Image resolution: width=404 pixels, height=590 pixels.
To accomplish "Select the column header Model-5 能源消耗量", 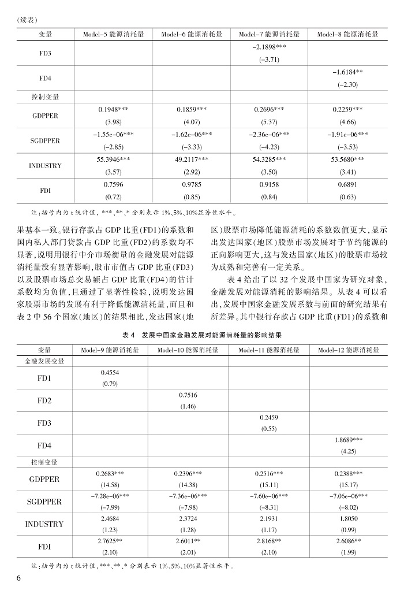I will coord(113,34).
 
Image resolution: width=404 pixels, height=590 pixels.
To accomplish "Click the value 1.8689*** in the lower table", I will coord(347,439).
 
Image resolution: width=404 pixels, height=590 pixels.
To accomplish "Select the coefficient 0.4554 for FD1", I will coord(110,373).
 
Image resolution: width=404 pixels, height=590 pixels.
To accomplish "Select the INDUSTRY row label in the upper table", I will coord(45,165).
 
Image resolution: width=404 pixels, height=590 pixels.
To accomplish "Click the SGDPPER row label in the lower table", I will coord(44,502).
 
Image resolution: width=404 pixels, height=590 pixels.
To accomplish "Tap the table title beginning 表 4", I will coord(202,335).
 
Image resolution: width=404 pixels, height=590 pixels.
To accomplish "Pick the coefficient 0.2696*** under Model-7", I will coord(270,109).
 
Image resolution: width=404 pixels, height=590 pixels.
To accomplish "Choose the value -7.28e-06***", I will coord(110,496).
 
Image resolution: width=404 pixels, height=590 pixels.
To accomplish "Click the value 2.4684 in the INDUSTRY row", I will coord(110,518).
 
